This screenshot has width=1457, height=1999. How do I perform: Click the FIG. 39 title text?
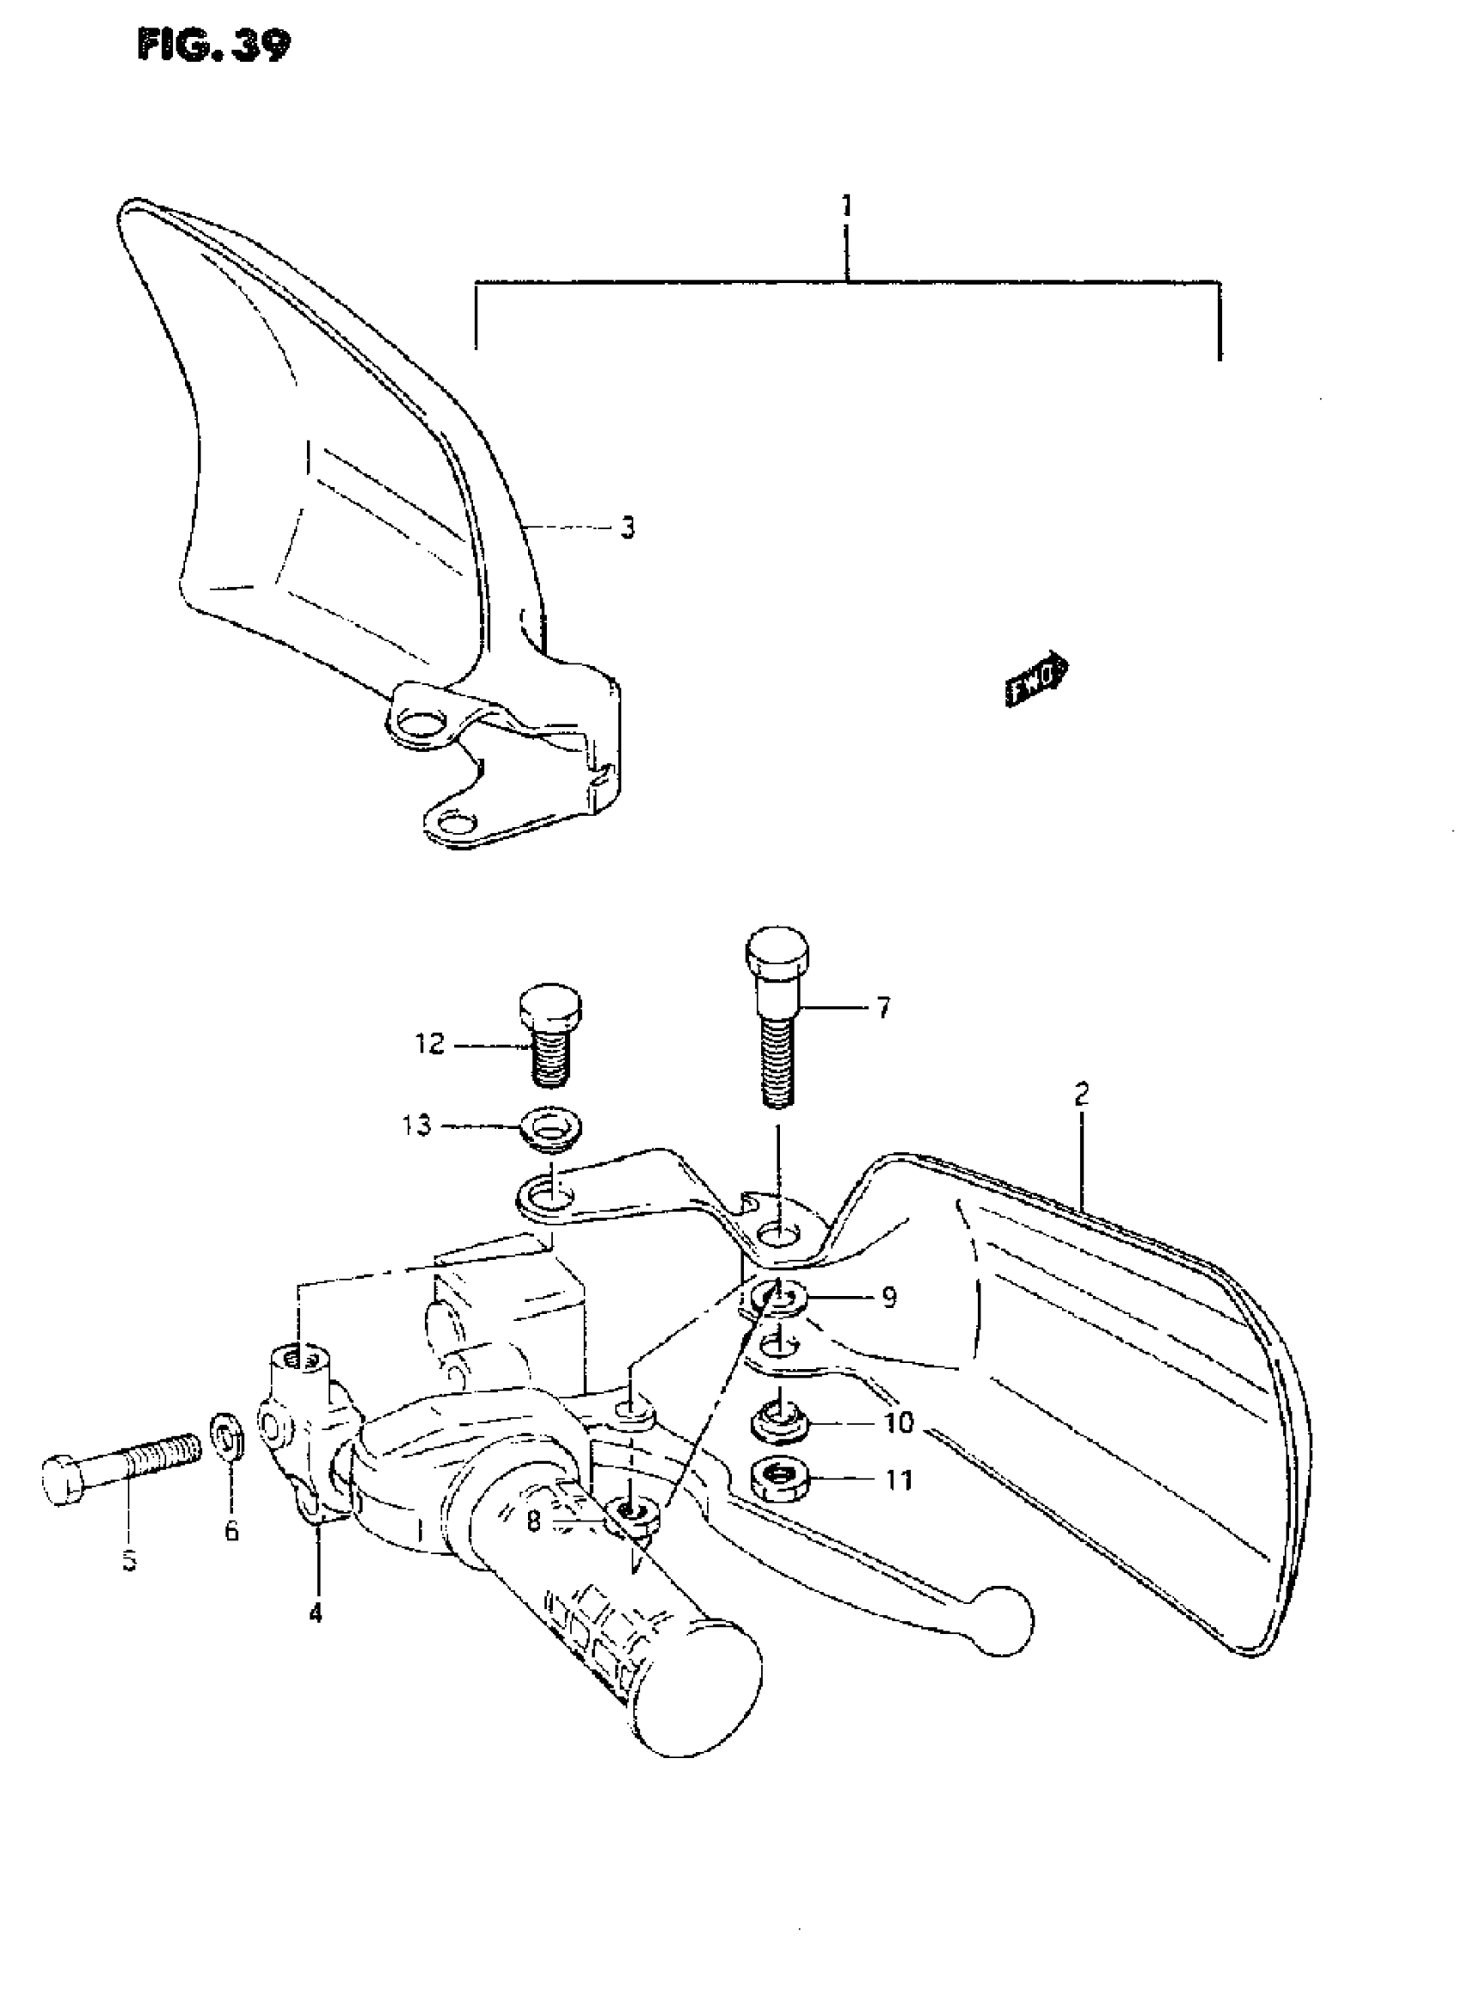[213, 46]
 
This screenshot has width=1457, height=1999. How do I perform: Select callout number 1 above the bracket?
[847, 207]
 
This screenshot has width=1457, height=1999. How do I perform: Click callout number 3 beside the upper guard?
[627, 528]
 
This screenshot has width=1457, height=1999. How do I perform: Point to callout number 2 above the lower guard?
[1082, 1095]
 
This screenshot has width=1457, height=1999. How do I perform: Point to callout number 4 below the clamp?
[315, 1613]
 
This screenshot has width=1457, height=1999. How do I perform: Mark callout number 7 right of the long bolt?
[883, 1007]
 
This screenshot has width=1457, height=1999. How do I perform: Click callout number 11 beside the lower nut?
[899, 1480]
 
